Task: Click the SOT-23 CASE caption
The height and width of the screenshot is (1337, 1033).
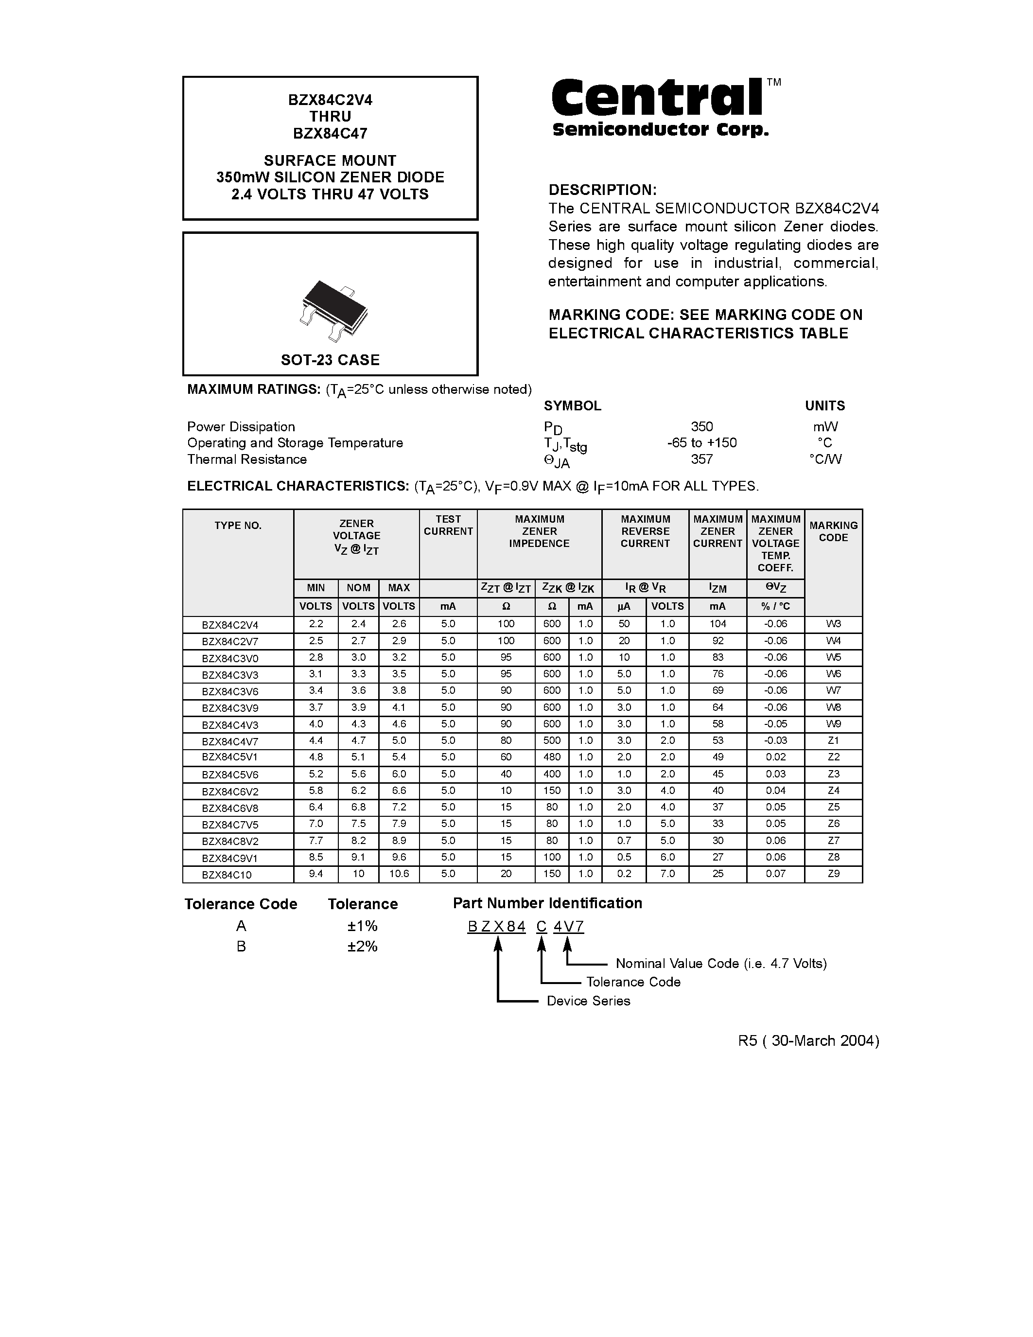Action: (330, 360)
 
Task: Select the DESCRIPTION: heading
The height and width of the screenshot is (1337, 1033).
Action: (602, 190)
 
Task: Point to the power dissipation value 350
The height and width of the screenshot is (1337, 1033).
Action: (701, 427)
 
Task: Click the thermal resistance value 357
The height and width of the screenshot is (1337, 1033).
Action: (701, 459)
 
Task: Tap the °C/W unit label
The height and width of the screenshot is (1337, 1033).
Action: (824, 459)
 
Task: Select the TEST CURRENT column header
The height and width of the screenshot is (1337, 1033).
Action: (448, 525)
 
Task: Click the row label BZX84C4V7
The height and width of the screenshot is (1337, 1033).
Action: (230, 741)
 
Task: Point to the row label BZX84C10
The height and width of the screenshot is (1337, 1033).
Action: (227, 875)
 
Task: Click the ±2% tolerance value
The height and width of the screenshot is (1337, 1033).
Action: (362, 947)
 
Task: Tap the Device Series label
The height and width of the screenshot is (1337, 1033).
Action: (588, 1001)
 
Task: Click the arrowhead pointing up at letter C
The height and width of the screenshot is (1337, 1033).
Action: (541, 945)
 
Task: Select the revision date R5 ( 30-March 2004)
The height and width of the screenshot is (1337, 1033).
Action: (808, 1041)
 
